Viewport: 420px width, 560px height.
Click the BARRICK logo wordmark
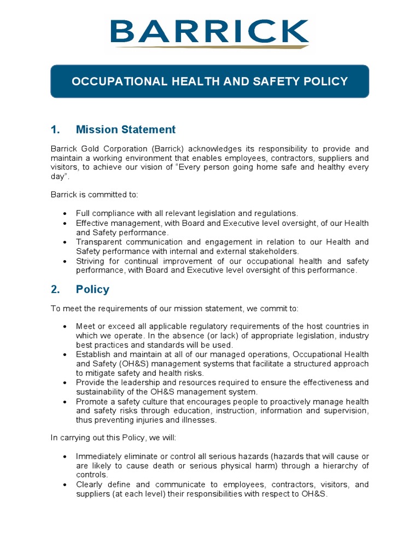[209, 31]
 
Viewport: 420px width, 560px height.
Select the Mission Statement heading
[126, 130]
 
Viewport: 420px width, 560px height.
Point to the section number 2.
[55, 289]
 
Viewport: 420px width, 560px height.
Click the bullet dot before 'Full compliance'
[66, 213]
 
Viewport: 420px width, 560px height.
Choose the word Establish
[94, 354]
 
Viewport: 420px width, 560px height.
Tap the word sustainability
[102, 392]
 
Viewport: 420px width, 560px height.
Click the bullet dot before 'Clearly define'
[66, 485]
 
